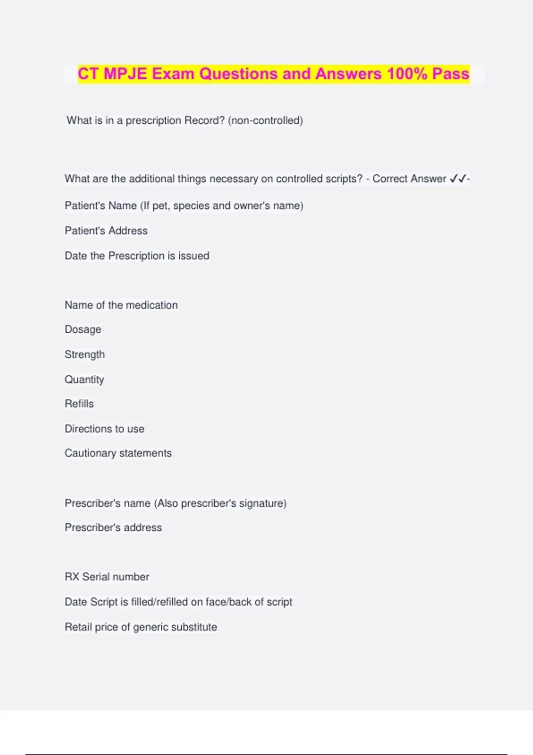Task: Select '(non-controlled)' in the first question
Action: click(x=265, y=120)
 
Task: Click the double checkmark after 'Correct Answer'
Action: click(x=458, y=179)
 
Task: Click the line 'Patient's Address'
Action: click(x=106, y=230)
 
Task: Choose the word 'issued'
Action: click(x=194, y=256)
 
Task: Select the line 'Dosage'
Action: click(x=83, y=330)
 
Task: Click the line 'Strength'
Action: click(x=85, y=354)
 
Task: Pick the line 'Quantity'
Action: click(x=84, y=379)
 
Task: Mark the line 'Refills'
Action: click(x=80, y=404)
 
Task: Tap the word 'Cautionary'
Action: click(x=90, y=453)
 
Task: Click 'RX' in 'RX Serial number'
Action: click(x=72, y=576)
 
